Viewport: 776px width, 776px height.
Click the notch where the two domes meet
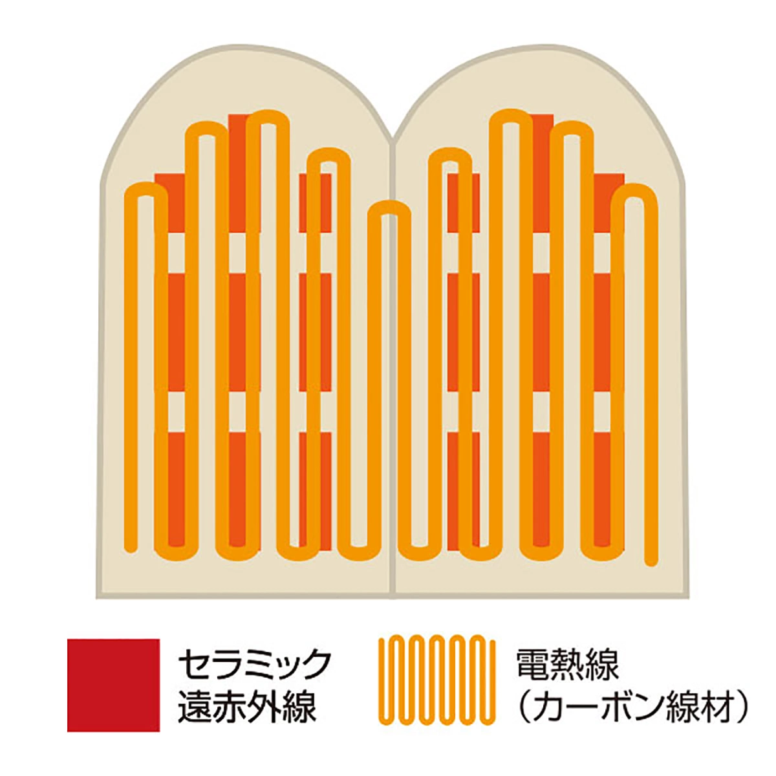[x=393, y=139]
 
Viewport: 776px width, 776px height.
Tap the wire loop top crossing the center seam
[x=389, y=207]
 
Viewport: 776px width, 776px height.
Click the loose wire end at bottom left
[x=130, y=545]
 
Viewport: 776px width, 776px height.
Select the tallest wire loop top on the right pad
[x=511, y=115]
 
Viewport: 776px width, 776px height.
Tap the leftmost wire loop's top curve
[x=146, y=189]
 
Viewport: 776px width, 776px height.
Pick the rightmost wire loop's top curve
[x=634, y=189]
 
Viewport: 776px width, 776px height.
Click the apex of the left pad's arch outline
[x=246, y=47]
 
